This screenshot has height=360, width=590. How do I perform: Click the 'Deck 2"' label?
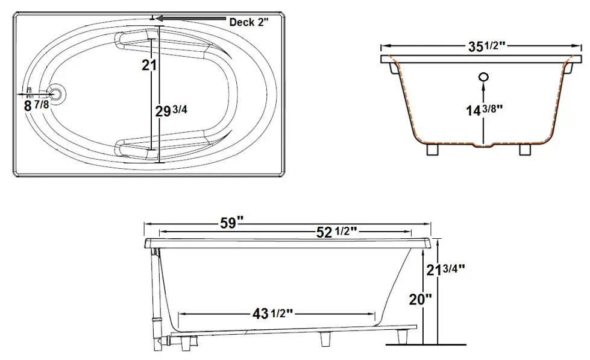(x=248, y=22)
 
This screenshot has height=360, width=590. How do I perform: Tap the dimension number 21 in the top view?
(x=149, y=66)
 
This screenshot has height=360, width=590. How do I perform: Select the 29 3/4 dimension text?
(x=168, y=111)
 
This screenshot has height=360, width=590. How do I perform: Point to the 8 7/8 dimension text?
(x=36, y=105)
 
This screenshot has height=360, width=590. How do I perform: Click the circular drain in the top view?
(x=56, y=93)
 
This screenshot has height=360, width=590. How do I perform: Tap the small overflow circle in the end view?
(x=483, y=77)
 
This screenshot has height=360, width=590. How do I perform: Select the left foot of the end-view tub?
(x=432, y=149)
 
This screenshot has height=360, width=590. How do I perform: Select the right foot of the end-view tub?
(x=525, y=149)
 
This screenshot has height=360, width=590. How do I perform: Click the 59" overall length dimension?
(x=230, y=223)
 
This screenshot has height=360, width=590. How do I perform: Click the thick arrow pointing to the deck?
(x=193, y=19)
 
